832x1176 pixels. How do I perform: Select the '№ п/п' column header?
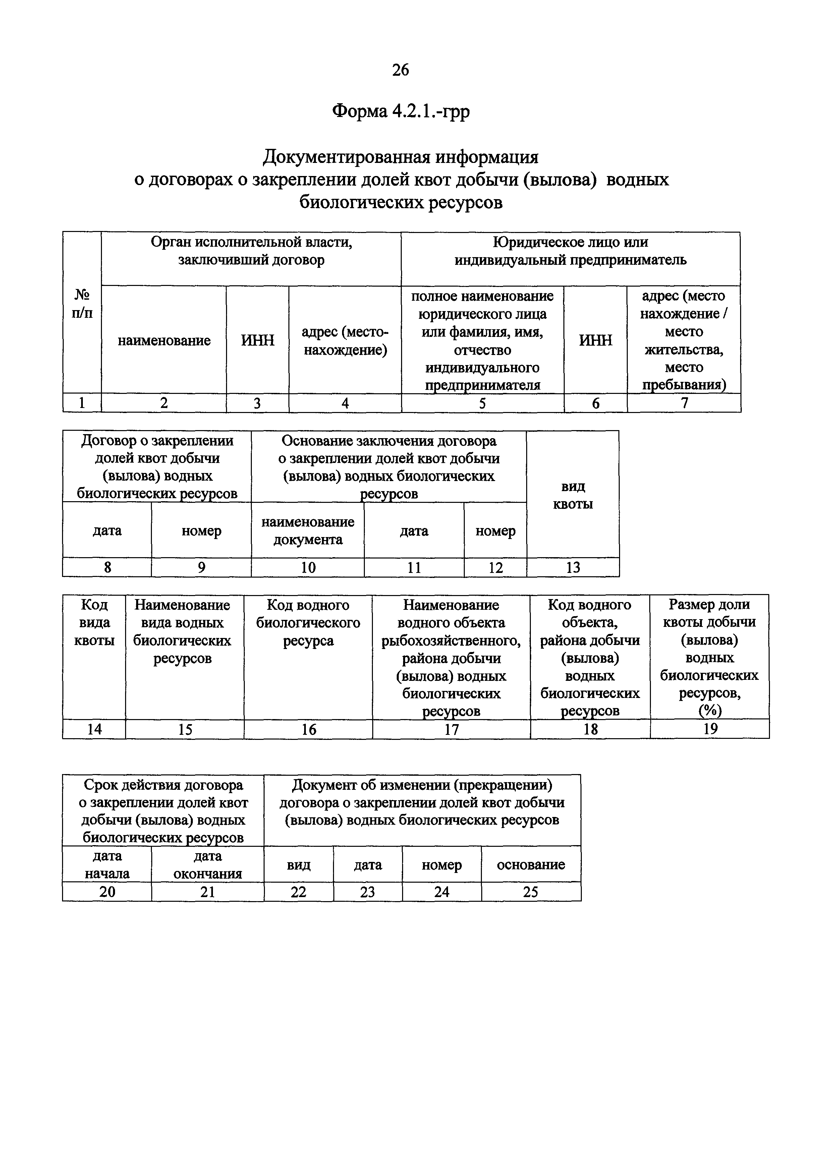tap(82, 304)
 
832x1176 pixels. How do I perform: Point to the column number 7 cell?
tap(684, 403)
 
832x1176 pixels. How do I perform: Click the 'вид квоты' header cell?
tap(573, 495)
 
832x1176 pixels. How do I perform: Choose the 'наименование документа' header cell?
tap(308, 531)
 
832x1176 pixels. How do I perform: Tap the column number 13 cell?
tap(573, 568)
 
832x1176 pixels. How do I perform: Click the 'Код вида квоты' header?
tap(94, 623)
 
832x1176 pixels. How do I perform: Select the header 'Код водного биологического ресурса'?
tap(308, 623)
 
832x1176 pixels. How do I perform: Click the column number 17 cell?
tap(451, 729)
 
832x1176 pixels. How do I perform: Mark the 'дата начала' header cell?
tap(107, 865)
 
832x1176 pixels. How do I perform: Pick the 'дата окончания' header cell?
tap(208, 865)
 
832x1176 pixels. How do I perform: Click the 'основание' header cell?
tap(531, 865)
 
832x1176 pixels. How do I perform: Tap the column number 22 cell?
tap(299, 892)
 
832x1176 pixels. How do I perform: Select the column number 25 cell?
tap(531, 892)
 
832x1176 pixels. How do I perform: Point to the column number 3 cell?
tap(257, 403)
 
